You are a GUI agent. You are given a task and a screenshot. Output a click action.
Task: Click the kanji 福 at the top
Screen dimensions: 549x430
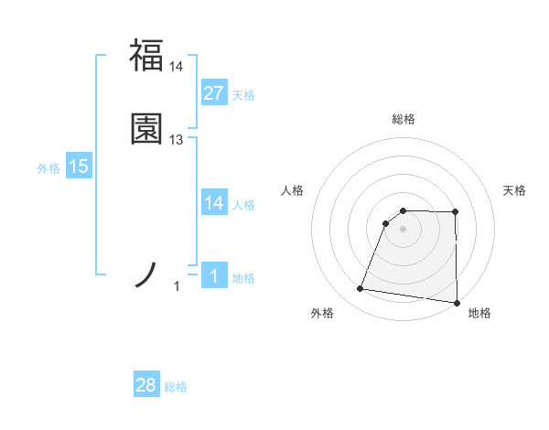coord(146,55)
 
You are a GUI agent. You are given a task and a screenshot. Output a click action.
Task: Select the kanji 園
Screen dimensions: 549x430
coord(146,128)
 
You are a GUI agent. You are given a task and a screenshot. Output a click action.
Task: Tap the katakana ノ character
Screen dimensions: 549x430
coord(147,274)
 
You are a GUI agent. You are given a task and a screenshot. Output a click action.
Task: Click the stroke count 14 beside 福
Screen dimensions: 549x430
coord(177,67)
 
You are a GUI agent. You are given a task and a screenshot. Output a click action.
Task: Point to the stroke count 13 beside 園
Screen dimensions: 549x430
coord(177,139)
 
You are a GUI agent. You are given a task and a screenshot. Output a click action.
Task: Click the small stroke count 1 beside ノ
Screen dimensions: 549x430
coord(177,287)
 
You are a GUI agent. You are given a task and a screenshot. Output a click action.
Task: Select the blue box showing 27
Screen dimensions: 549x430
coord(213,92)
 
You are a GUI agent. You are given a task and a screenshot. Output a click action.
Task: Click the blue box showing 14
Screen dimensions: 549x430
coord(213,203)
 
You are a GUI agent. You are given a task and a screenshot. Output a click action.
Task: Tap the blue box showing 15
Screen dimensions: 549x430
coord(79,167)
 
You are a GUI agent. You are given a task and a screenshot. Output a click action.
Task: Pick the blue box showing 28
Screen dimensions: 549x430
coord(146,386)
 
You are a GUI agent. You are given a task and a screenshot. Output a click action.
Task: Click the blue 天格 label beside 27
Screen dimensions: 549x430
coord(243,94)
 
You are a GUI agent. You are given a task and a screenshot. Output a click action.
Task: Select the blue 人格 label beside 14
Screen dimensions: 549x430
coord(243,205)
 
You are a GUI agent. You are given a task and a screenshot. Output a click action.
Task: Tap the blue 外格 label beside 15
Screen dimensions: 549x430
coord(48,168)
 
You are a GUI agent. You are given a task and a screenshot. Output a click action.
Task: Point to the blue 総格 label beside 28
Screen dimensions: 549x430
coord(176,387)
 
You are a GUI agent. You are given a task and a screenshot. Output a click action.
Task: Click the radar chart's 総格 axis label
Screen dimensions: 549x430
coord(404,119)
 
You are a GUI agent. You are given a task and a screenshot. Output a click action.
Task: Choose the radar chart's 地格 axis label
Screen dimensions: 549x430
coord(479,313)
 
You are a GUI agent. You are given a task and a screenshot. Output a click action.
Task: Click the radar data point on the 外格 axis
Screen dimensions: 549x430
coord(361,289)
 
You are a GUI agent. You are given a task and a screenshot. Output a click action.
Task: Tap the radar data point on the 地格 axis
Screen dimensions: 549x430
coord(457,303)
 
